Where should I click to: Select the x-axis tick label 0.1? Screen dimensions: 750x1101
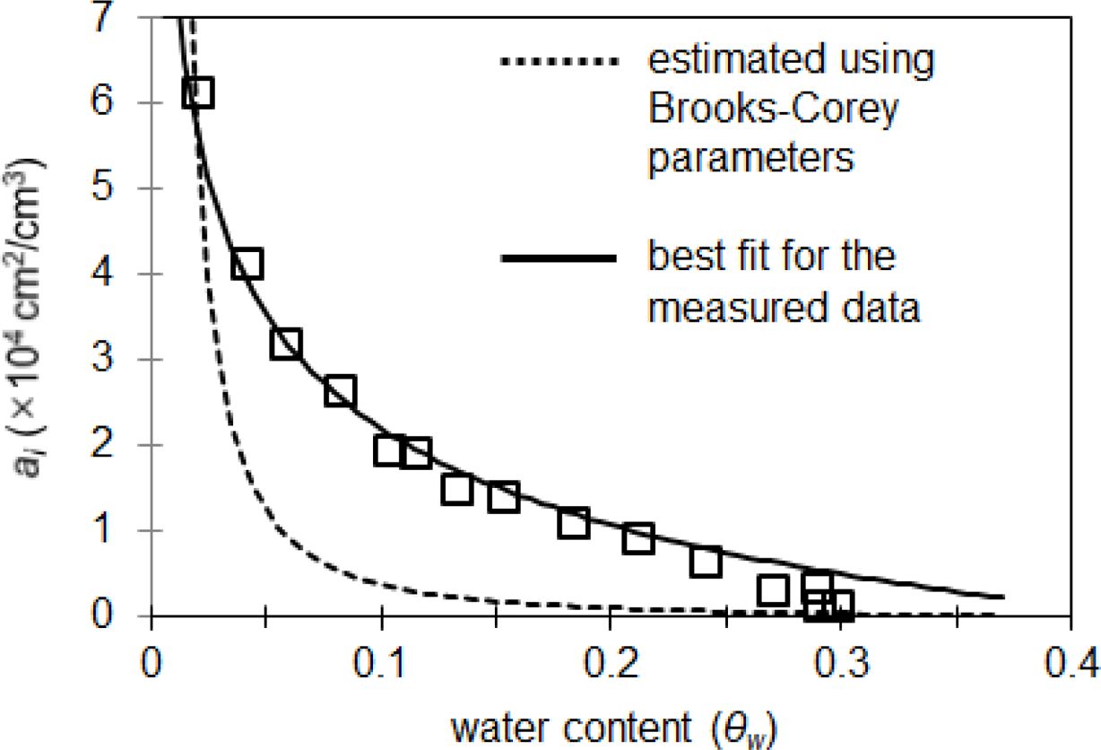tap(381, 667)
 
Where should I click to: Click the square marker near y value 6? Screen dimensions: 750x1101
tap(198, 92)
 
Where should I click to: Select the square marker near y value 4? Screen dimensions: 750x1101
tap(247, 264)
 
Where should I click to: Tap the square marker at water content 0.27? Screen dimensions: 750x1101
tap(772, 589)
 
